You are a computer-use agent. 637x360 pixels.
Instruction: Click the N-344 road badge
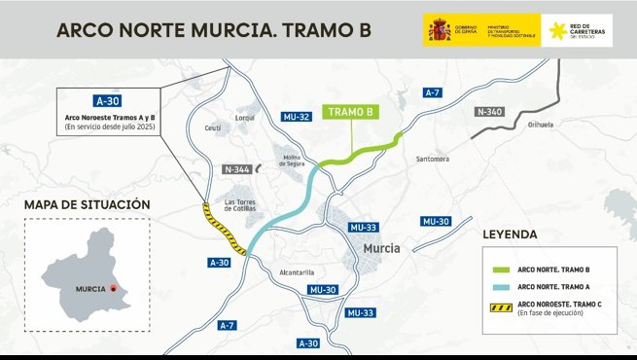(x=236, y=169)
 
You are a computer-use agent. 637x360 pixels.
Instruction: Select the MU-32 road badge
(x=297, y=117)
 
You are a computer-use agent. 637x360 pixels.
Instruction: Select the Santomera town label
(x=432, y=158)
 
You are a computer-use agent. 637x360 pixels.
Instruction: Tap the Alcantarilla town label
(x=295, y=272)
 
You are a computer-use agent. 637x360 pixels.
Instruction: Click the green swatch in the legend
(x=500, y=269)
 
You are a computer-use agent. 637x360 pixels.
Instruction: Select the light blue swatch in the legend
(x=500, y=287)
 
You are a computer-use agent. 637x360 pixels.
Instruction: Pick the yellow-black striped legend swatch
(x=500, y=306)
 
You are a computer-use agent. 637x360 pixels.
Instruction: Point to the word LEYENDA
(x=510, y=235)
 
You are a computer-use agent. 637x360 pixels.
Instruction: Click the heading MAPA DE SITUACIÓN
(x=87, y=205)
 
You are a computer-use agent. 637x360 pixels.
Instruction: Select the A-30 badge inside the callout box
(x=107, y=100)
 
